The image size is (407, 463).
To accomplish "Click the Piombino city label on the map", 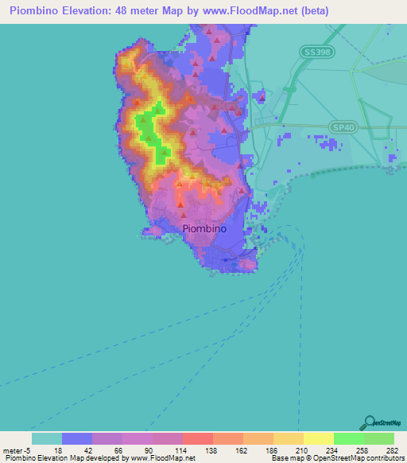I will [204, 228].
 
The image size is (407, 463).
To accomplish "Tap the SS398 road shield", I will [316, 51].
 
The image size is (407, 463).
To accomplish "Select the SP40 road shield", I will [341, 127].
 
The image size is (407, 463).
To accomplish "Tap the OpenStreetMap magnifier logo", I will [368, 423].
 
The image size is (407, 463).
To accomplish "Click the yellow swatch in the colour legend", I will [318, 438].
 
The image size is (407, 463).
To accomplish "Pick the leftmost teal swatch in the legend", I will [47, 438].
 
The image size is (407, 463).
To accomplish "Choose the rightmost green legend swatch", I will [378, 438].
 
